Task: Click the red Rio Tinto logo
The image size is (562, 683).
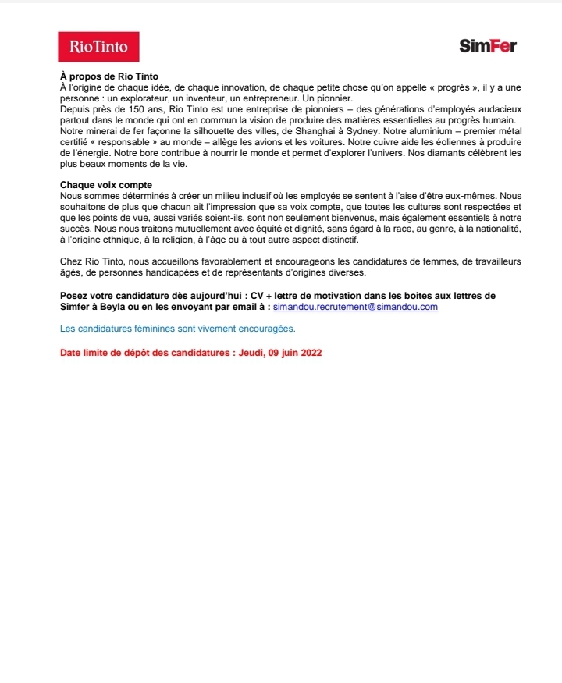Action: point(98,47)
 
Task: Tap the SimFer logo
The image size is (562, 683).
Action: point(488,46)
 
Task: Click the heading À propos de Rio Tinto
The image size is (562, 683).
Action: point(109,76)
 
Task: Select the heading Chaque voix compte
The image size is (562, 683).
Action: point(105,185)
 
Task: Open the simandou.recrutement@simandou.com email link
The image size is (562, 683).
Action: point(355,308)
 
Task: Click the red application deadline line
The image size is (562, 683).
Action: point(191,353)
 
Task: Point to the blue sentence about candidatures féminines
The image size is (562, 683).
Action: point(178,329)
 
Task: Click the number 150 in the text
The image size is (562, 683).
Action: point(144,110)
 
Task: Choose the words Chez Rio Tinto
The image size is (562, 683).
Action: point(93,261)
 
